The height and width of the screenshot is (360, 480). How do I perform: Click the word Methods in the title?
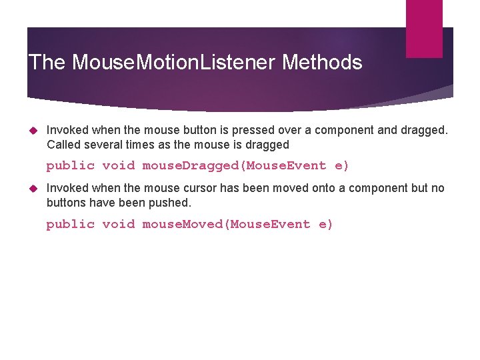pyautogui.click(x=322, y=63)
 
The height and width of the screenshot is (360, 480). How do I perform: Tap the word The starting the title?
pyautogui.click(x=47, y=63)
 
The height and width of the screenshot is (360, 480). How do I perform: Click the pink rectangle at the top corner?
pyautogui.click(x=424, y=28)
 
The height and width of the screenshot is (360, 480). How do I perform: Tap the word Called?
pyautogui.click(x=63, y=145)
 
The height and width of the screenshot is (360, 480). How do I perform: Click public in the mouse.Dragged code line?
pyautogui.click(x=70, y=166)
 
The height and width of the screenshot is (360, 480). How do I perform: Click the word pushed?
pyautogui.click(x=173, y=203)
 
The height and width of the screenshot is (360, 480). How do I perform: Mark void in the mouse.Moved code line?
pyautogui.click(x=118, y=225)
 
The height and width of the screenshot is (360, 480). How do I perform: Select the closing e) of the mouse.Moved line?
pyautogui.click(x=325, y=225)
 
